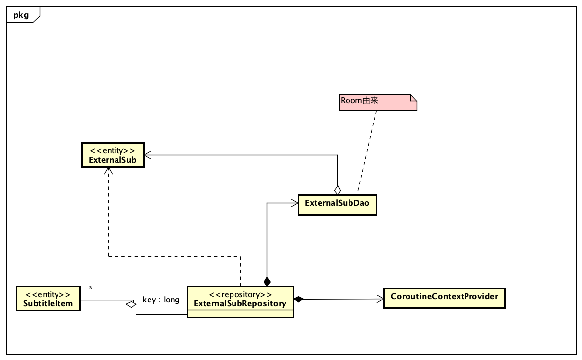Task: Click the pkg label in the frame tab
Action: click(x=21, y=15)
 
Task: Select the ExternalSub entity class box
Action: click(x=113, y=155)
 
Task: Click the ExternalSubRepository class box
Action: click(x=240, y=301)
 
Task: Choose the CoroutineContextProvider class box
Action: click(x=444, y=298)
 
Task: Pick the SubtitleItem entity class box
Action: click(x=48, y=299)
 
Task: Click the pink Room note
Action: click(x=378, y=102)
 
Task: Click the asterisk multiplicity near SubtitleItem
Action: click(x=91, y=288)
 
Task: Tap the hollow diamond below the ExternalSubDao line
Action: click(x=338, y=189)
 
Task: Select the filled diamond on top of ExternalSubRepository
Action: click(x=267, y=282)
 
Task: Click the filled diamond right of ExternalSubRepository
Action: click(x=298, y=299)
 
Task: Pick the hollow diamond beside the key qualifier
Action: click(x=131, y=304)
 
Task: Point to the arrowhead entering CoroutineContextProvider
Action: click(x=380, y=299)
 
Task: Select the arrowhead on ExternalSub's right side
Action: click(x=148, y=155)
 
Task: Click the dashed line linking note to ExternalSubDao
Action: click(x=367, y=151)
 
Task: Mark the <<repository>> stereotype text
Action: click(x=240, y=294)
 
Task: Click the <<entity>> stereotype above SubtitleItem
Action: click(x=48, y=294)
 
